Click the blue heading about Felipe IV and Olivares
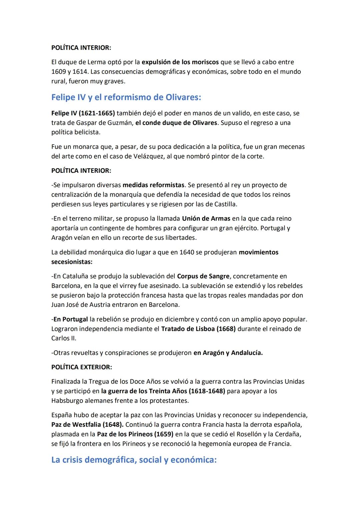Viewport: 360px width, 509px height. [126, 97]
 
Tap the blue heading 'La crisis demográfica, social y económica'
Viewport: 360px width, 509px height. [134, 460]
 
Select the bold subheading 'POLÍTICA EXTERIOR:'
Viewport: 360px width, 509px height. [82, 367]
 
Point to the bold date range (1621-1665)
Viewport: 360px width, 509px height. [97, 113]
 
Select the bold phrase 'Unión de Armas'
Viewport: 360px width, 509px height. [206, 218]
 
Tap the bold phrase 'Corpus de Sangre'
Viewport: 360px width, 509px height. [203, 276]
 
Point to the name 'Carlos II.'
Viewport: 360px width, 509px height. [64, 338]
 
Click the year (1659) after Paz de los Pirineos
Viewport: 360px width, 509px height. [164, 434]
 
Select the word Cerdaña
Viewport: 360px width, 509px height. [288, 434]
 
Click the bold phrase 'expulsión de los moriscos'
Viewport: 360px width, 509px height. [180, 62]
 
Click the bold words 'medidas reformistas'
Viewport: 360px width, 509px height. [153, 185]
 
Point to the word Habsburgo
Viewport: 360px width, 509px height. [67, 400]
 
